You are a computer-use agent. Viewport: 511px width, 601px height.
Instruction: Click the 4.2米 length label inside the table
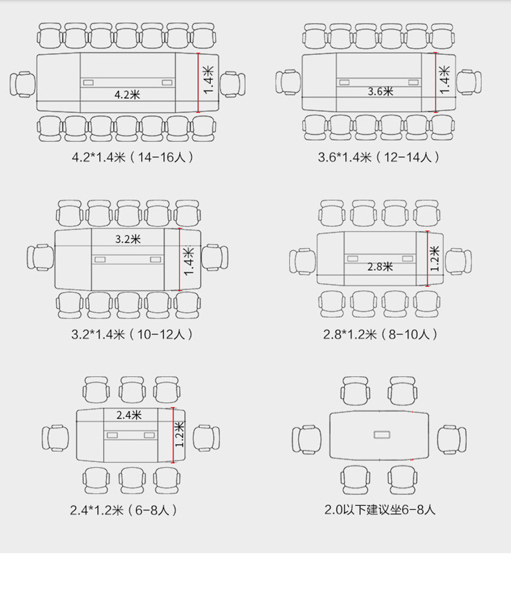click(127, 94)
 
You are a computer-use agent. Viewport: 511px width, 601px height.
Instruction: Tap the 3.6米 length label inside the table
click(380, 91)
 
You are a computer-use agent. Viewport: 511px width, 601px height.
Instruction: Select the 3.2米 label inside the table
click(128, 239)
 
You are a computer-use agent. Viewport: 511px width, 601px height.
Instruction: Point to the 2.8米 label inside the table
click(380, 266)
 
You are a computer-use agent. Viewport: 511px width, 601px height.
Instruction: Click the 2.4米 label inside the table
click(129, 415)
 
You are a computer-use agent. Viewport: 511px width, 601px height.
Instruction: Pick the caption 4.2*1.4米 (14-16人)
click(133, 157)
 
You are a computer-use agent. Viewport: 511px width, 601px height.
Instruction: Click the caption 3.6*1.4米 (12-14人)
click(378, 157)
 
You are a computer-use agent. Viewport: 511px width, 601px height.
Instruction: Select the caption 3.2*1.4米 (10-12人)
click(131, 334)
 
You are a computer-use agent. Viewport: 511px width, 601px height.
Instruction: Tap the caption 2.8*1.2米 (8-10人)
click(380, 334)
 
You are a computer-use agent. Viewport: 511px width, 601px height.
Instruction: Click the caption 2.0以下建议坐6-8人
click(380, 510)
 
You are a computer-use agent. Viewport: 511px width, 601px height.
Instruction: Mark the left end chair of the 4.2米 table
click(23, 84)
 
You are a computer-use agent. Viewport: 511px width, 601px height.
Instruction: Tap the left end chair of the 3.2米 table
click(41, 258)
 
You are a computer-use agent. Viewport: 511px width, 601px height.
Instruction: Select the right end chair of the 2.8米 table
click(459, 262)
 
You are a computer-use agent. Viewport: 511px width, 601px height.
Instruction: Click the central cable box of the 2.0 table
click(382, 435)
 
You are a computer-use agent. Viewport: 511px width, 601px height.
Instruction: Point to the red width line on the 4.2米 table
click(199, 83)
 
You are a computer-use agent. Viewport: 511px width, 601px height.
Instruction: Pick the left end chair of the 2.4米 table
click(56, 438)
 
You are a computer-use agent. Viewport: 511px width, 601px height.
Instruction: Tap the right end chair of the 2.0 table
click(452, 439)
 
